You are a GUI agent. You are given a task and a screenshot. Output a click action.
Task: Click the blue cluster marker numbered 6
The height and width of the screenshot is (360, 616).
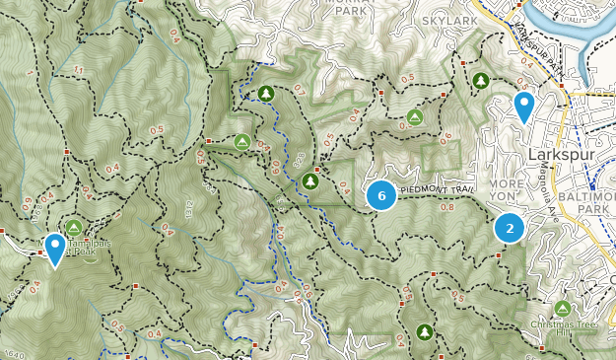pos(380,195)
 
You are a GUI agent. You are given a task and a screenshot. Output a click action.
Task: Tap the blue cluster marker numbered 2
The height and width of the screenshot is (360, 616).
pos(510,229)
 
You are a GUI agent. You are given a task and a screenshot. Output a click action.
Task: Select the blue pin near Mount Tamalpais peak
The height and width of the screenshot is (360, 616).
pos(55,248)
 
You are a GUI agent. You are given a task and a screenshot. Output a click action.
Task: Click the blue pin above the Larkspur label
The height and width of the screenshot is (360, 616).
pos(524,106)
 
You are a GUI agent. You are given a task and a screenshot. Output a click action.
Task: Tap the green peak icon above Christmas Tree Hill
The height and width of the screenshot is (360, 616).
pos(563,309)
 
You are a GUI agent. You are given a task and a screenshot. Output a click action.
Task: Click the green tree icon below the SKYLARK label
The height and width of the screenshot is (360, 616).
pos(480,80)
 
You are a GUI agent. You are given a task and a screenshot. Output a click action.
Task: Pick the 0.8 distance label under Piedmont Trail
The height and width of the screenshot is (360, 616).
pos(446,208)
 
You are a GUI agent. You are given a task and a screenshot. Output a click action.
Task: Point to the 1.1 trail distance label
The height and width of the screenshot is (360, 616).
pos(78,69)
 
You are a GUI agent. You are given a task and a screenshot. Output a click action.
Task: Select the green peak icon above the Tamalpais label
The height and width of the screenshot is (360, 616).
pos(74,228)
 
